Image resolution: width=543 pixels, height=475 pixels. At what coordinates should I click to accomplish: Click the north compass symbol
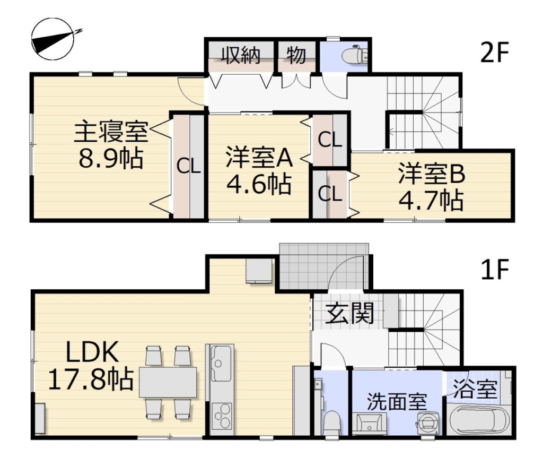[x=53, y=39]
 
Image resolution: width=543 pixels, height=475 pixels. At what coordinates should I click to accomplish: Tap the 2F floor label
[x=494, y=53]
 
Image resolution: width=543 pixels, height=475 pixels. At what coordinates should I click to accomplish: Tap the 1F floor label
[x=495, y=270]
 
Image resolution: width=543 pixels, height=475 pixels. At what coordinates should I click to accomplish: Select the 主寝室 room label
[x=111, y=131]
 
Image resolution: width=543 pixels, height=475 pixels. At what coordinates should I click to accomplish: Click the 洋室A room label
[x=259, y=158]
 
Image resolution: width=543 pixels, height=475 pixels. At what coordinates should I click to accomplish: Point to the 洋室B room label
[x=431, y=174]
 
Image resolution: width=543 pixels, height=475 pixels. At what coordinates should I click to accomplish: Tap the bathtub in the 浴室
[x=479, y=419]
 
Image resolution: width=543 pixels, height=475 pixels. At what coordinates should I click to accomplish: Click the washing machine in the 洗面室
[x=428, y=422]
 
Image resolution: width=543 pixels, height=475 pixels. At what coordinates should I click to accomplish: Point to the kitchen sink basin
[x=221, y=363]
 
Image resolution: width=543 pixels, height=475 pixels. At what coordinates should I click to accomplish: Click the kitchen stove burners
[x=221, y=417]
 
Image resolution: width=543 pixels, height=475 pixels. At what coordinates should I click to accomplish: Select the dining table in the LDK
[x=168, y=382]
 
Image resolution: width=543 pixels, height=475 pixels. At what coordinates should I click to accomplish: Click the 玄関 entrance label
[x=350, y=313]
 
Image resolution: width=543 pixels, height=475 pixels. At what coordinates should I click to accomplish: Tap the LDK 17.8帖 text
[x=91, y=366]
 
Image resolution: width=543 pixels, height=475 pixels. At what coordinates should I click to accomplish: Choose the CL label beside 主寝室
[x=189, y=167]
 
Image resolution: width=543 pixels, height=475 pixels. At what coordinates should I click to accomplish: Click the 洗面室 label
[x=397, y=402]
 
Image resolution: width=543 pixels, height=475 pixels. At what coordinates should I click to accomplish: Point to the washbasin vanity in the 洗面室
[x=370, y=424]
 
